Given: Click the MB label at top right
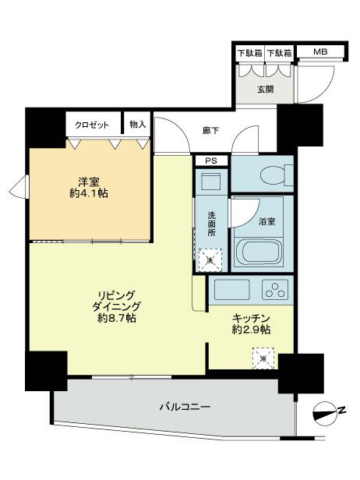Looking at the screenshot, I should point(320,52).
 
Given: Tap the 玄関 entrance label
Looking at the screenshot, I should point(265,89).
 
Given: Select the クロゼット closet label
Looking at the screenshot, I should point(92,124).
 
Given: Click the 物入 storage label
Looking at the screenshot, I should point(138,124).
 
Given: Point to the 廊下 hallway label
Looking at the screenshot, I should point(210,130).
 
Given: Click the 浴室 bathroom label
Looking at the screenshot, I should point(266,221).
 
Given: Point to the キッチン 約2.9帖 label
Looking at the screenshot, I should point(251,323).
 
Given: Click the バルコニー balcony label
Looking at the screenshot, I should point(185,407).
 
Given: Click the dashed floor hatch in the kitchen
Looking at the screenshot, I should point(263,358).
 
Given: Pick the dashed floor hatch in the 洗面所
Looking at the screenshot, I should point(209,258).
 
